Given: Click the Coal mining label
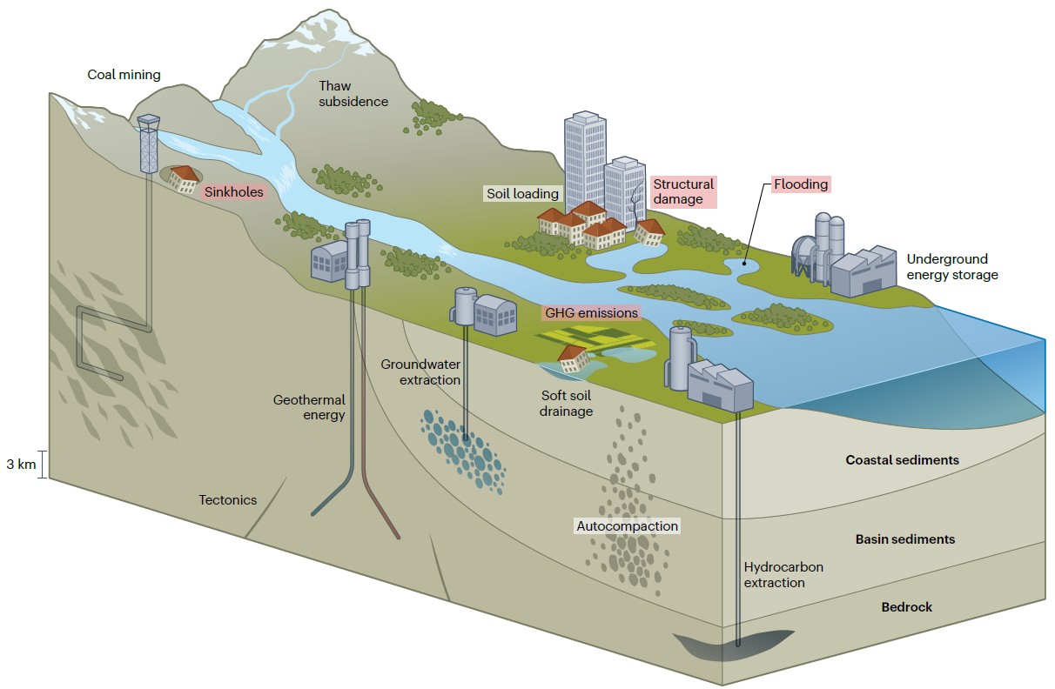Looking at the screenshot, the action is pyautogui.click(x=124, y=74).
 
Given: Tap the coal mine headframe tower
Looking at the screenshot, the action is pyautogui.click(x=148, y=144).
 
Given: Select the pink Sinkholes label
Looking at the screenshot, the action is pyautogui.click(x=233, y=192).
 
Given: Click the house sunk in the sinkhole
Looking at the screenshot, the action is pyautogui.click(x=183, y=179).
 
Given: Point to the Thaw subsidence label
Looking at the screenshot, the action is pyautogui.click(x=353, y=94).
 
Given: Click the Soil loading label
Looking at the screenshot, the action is pyautogui.click(x=522, y=193).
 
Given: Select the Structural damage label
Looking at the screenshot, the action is pyautogui.click(x=683, y=191).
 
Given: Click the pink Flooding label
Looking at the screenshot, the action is pyautogui.click(x=801, y=184).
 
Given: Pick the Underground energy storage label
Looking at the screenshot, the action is pyautogui.click(x=952, y=267).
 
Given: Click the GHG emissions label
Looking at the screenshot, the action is pyautogui.click(x=591, y=313).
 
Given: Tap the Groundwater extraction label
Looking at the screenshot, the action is pyautogui.click(x=420, y=371).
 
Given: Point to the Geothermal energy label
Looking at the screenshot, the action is pyautogui.click(x=309, y=407).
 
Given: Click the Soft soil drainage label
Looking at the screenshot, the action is pyautogui.click(x=566, y=404).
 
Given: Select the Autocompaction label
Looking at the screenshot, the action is pyautogui.click(x=627, y=525).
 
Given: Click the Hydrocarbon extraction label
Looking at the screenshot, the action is pyautogui.click(x=783, y=575).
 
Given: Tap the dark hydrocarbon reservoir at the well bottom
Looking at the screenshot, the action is pyautogui.click(x=733, y=645).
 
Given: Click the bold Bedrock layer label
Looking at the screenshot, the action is pyautogui.click(x=907, y=607).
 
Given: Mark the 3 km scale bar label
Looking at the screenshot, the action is pyautogui.click(x=21, y=465).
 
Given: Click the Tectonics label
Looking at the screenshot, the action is pyautogui.click(x=228, y=500).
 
